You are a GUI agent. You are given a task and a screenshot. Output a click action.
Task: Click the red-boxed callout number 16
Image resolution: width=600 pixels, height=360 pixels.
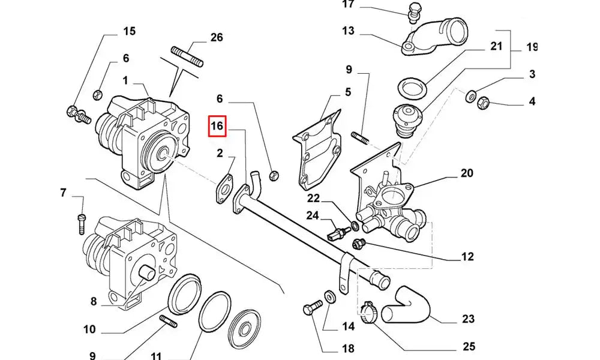click(x=217, y=126)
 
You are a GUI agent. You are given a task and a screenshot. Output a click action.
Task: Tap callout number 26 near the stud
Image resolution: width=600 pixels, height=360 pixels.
click(x=217, y=37)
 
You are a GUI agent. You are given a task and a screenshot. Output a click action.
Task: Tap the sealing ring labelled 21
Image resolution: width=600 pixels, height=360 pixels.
click(x=413, y=88)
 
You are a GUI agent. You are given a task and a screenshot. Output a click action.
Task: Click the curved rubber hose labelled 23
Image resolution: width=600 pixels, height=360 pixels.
click(x=408, y=304)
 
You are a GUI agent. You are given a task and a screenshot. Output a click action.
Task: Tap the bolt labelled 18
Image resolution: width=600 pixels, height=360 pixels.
click(x=308, y=310)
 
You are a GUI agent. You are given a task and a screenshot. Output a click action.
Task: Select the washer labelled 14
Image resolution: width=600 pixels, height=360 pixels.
click(x=329, y=296)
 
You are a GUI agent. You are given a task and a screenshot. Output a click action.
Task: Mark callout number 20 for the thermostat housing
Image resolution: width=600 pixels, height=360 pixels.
click(x=467, y=173)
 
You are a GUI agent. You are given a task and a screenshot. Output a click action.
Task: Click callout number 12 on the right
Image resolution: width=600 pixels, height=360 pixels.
click(x=467, y=257)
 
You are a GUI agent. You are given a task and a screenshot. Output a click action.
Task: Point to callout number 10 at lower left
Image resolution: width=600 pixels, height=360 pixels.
click(x=89, y=329)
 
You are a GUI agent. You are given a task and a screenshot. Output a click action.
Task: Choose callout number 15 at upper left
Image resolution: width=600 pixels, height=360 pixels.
click(x=129, y=31)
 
